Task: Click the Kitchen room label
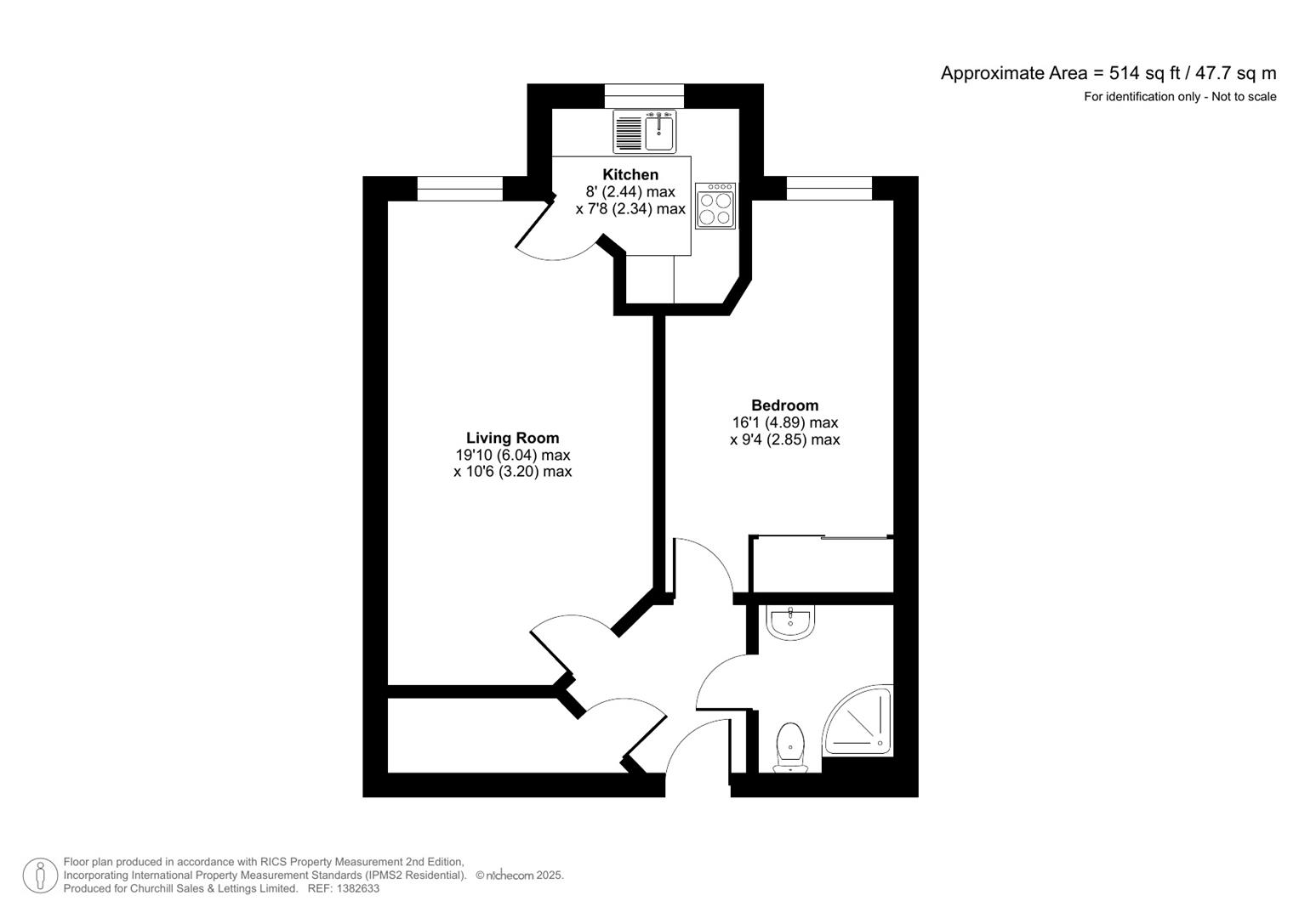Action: coord(630,174)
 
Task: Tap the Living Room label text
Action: coord(512,438)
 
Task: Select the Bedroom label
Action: coord(784,405)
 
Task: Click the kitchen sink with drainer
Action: coord(644,132)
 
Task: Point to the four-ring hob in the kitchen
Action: coord(715,207)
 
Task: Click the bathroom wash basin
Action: coord(790,622)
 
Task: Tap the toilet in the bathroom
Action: coord(790,746)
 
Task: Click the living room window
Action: coord(459,188)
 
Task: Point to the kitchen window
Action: coord(644,95)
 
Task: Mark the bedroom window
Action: coord(829,188)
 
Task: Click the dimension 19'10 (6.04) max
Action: coord(512,455)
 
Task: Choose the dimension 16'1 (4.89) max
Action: coord(784,422)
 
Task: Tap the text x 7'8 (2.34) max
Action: coord(630,209)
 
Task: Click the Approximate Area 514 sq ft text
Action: coord(1108,73)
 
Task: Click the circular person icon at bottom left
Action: coord(40,875)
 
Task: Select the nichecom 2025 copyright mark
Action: coord(519,875)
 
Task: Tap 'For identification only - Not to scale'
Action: coord(1179,97)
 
